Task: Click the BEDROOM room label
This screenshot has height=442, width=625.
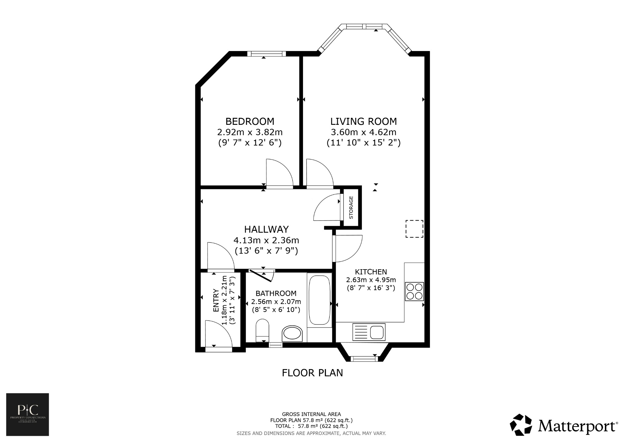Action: [x=250, y=121]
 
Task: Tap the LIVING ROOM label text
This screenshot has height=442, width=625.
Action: [x=363, y=121]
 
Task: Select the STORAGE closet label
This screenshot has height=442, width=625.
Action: [x=351, y=208]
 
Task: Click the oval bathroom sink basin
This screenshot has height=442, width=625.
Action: [x=292, y=334]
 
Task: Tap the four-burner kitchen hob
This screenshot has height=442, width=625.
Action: [x=414, y=292]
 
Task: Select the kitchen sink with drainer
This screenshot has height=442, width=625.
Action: [x=369, y=332]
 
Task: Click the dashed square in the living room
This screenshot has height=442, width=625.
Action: [x=414, y=229]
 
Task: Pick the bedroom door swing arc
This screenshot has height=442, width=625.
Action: [x=279, y=172]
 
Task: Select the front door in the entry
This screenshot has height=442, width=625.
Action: [x=218, y=334]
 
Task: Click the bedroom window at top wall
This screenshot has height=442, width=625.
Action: [x=266, y=54]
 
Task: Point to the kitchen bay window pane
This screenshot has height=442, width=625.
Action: [x=363, y=359]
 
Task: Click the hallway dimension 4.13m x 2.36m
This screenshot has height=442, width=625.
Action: [x=266, y=240]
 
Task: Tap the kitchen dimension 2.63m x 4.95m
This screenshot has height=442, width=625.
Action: [x=371, y=280]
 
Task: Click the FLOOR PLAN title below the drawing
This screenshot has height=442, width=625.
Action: [x=312, y=373]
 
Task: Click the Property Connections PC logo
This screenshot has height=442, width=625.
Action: [x=27, y=414]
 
